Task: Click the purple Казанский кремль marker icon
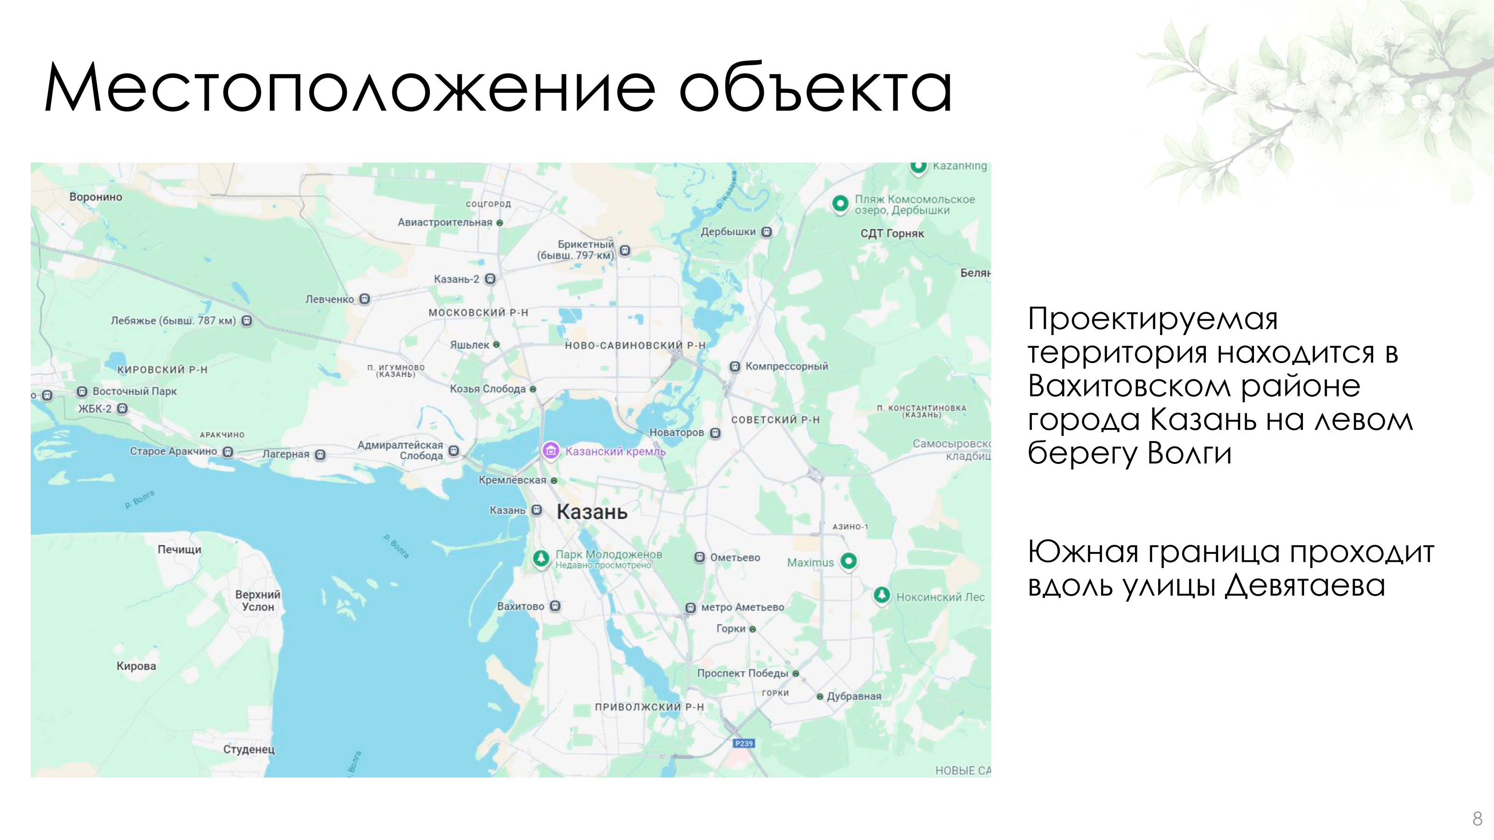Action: tap(550, 450)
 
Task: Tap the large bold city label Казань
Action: tap(592, 512)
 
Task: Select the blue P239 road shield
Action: tap(744, 743)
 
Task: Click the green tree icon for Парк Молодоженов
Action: tap(541, 558)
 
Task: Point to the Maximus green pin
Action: tap(848, 560)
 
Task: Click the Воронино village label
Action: tap(96, 197)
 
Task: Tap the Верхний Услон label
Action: tap(258, 601)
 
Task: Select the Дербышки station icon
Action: tap(766, 232)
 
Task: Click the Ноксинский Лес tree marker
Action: tap(881, 595)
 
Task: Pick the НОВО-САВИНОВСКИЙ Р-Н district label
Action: tap(635, 345)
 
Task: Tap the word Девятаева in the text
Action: tap(1305, 586)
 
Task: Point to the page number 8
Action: tap(1477, 819)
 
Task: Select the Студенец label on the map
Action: tap(249, 749)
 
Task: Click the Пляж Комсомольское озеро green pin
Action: tap(840, 203)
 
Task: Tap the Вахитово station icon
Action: tap(555, 606)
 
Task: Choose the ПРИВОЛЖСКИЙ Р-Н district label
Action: tap(649, 707)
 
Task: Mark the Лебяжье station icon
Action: tap(247, 321)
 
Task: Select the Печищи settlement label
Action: tap(179, 550)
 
